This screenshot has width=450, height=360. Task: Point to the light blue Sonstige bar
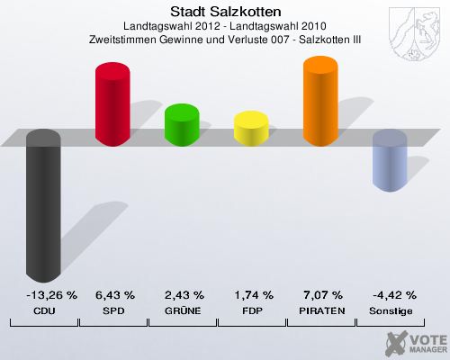pyautogui.click(x=390, y=160)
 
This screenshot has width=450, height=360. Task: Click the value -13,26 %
pyautogui.click(x=44, y=294)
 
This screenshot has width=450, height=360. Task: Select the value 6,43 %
pyautogui.click(x=114, y=294)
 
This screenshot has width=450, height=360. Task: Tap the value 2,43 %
pyautogui.click(x=184, y=294)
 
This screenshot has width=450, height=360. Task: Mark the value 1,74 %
pyautogui.click(x=254, y=294)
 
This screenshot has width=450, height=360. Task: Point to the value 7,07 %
pyautogui.click(x=323, y=294)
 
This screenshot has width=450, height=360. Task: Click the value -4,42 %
pyautogui.click(x=392, y=294)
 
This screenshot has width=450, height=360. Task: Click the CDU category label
pyautogui.click(x=44, y=310)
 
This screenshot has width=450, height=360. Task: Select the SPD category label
pyautogui.click(x=114, y=310)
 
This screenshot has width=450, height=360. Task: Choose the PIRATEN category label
pyautogui.click(x=323, y=310)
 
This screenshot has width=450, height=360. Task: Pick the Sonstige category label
pyautogui.click(x=392, y=310)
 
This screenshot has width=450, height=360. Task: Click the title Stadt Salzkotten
pyautogui.click(x=225, y=12)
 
